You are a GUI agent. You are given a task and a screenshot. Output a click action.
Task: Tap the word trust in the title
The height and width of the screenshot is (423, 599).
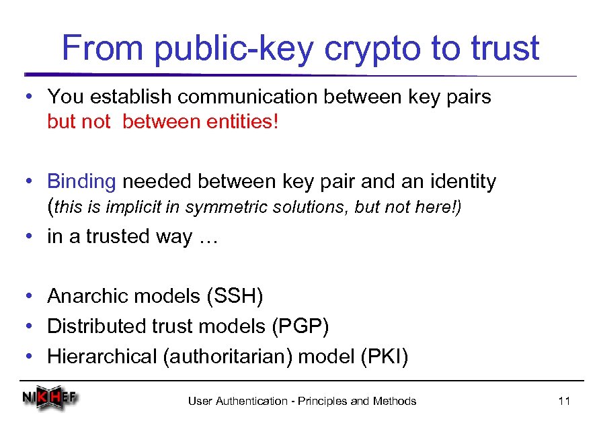(x=504, y=48)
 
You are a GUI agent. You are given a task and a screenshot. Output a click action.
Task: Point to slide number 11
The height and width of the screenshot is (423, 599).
(x=564, y=402)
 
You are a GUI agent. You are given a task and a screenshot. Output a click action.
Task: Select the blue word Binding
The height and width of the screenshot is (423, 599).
(x=81, y=182)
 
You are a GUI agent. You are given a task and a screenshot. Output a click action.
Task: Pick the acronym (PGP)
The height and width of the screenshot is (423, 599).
(x=300, y=326)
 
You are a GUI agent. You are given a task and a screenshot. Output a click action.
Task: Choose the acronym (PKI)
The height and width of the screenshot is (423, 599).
(x=384, y=357)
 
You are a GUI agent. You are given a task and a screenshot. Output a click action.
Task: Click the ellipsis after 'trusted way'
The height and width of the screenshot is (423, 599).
(x=206, y=237)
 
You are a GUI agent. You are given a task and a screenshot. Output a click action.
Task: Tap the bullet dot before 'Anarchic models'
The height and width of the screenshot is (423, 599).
(x=26, y=295)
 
